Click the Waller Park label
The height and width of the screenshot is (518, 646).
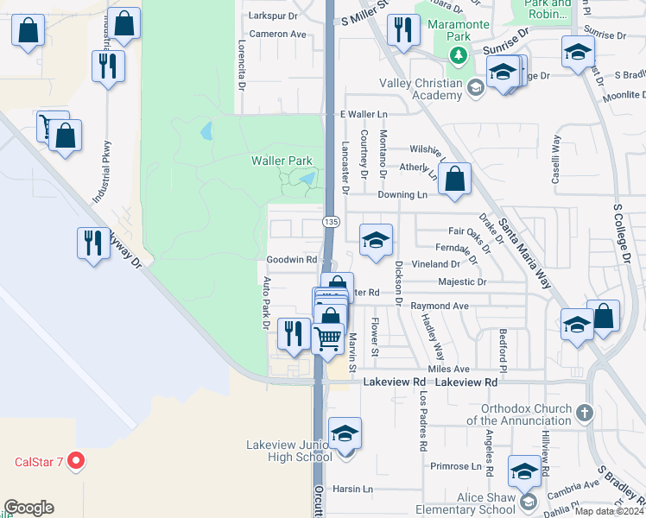282,161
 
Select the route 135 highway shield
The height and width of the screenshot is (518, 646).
331,222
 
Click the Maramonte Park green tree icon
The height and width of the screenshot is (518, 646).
458,57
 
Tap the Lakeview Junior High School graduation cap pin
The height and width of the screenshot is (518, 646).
345,433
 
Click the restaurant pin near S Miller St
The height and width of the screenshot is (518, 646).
402,32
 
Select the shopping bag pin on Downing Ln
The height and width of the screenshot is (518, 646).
454,180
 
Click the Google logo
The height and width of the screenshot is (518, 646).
28,508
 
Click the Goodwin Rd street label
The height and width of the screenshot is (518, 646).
291,259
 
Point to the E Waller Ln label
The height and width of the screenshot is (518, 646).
364,114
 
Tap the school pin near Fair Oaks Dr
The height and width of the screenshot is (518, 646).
376,241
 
